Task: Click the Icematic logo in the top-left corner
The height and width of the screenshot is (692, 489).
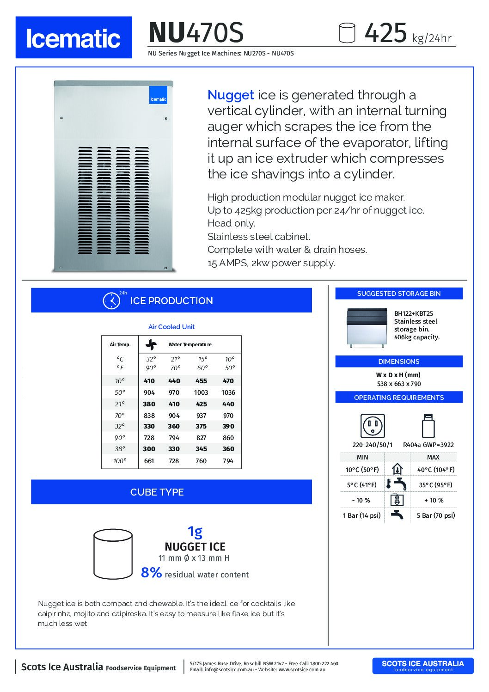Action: (x=73, y=37)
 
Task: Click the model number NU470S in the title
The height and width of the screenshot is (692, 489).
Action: (x=196, y=32)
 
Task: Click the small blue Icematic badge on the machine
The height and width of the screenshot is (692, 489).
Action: (x=158, y=95)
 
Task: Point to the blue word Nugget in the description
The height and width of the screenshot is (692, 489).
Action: (x=231, y=95)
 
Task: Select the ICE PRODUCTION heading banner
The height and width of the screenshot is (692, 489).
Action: (x=171, y=300)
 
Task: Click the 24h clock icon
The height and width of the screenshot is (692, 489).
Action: (x=111, y=300)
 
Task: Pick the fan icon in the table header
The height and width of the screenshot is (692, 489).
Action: (x=151, y=344)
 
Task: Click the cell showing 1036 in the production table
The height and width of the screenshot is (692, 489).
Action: (x=228, y=392)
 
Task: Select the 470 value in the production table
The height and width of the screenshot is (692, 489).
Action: (x=228, y=381)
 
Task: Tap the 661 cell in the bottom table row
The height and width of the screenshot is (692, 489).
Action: (x=149, y=461)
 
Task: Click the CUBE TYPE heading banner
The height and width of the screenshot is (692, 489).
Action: (x=157, y=492)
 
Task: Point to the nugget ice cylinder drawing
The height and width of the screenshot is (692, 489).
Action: (x=113, y=554)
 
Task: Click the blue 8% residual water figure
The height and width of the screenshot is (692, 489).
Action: (x=151, y=573)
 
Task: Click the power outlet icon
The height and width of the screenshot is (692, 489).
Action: (x=373, y=426)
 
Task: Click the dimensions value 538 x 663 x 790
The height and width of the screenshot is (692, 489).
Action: (x=398, y=384)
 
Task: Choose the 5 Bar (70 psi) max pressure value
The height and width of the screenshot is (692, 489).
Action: (x=435, y=515)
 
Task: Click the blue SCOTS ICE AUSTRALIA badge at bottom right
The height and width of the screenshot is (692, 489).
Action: (x=422, y=666)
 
